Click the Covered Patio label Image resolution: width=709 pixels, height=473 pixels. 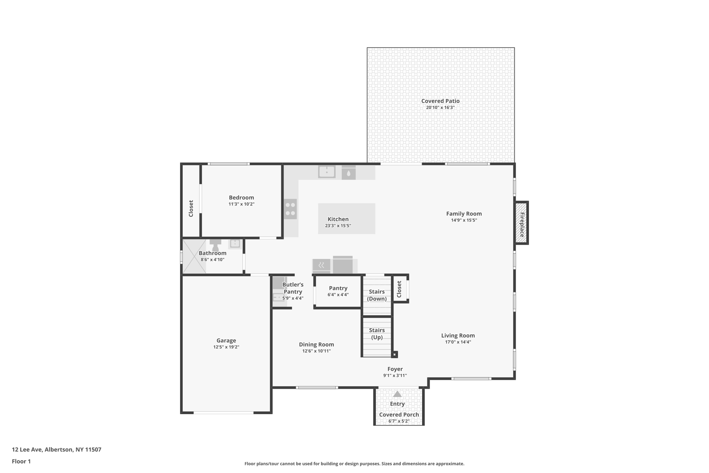[x=440, y=101]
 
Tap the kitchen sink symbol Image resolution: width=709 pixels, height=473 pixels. [x=326, y=172]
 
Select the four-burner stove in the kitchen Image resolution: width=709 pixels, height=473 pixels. [x=290, y=209]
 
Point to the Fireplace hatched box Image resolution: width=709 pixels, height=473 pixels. [x=521, y=223]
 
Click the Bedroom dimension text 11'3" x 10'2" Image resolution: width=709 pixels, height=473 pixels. [x=241, y=204]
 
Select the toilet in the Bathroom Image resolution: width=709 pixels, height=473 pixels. [x=215, y=245]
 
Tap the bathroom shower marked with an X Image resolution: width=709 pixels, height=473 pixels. [x=194, y=256]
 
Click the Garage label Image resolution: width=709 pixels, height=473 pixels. [x=226, y=341]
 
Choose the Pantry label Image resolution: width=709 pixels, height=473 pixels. [x=338, y=288]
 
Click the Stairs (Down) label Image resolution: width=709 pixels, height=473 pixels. [x=377, y=295]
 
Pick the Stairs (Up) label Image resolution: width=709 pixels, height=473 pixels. [x=377, y=333]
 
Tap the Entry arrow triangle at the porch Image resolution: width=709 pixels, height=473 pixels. [x=397, y=394]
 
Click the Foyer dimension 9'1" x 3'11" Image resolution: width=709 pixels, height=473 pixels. [x=395, y=375]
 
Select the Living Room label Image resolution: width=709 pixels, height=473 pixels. [x=458, y=335]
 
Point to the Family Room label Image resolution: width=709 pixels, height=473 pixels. [x=464, y=214]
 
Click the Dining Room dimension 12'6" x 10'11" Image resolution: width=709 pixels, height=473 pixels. [x=316, y=351]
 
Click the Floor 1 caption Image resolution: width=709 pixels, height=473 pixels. [x=21, y=461]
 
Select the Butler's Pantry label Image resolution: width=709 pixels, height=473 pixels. [x=293, y=288]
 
